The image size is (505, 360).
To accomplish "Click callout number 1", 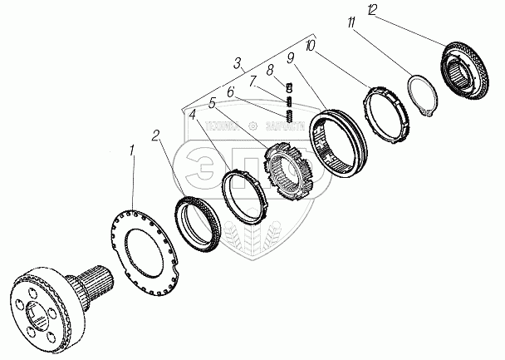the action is [x=130, y=151].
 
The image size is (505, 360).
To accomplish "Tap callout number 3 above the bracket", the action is [x=239, y=62].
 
